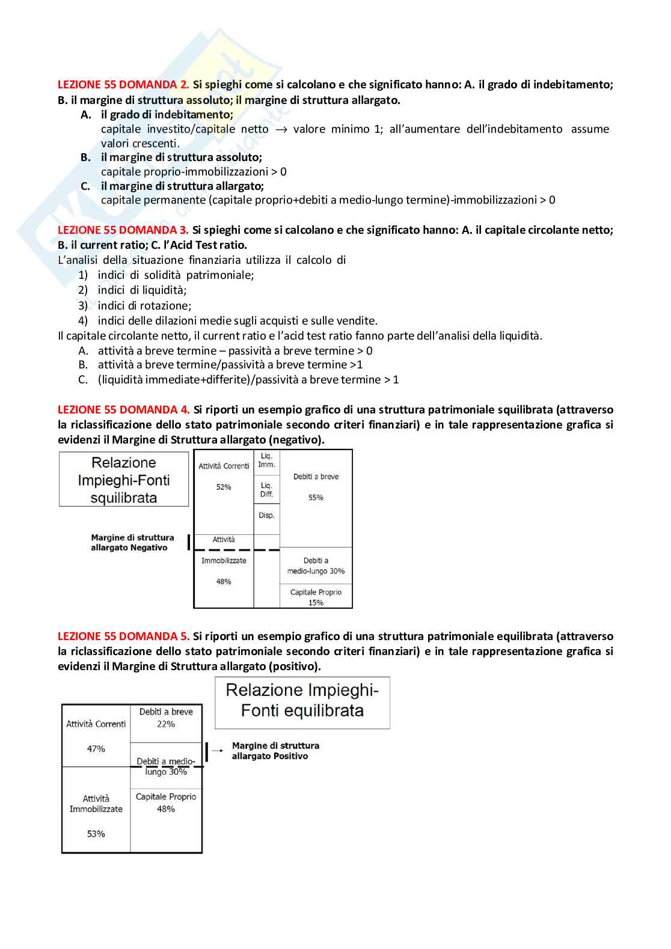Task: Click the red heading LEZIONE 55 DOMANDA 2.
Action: point(123,85)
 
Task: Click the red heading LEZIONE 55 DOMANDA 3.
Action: point(123,230)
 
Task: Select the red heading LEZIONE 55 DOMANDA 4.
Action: point(123,410)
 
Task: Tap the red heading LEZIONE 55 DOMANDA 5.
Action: point(123,636)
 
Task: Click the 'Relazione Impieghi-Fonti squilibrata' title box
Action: point(124,480)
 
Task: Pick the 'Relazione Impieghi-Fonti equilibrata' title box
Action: point(302,701)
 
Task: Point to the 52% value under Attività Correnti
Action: point(224,487)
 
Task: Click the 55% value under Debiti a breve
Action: point(316,498)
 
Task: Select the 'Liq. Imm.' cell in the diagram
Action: point(266,460)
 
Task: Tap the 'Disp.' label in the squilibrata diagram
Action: point(266,516)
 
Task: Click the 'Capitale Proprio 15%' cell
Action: point(316,597)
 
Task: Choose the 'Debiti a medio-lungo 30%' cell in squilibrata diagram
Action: point(316,566)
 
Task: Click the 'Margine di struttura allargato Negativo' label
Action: point(132,543)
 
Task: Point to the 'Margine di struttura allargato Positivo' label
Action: point(275,751)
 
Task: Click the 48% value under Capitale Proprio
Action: point(166,809)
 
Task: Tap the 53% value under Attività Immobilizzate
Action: point(96,834)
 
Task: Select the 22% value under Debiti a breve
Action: point(166,724)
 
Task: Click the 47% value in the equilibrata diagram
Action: point(96,749)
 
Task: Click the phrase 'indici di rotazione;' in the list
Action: point(144,305)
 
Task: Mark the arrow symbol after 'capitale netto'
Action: point(281,130)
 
